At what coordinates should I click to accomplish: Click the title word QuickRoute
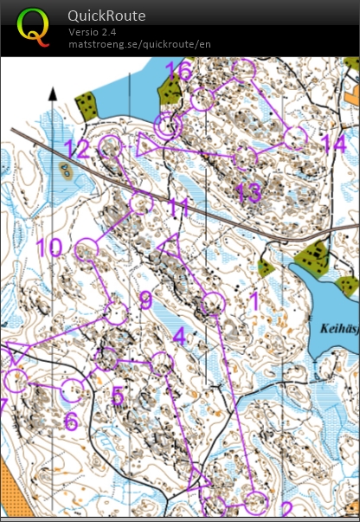point(106,16)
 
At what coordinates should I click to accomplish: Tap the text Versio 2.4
point(93,32)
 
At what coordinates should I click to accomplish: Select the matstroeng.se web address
point(139,43)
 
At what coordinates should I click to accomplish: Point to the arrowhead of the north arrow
point(53,93)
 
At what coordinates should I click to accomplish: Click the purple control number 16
point(179,71)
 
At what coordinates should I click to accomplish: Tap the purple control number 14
point(333,145)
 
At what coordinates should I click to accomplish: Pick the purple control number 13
point(248,192)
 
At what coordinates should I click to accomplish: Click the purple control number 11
point(178,208)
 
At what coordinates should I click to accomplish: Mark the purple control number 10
point(49,248)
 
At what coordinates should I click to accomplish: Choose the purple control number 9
point(145,300)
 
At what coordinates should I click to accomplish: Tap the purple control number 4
point(178,335)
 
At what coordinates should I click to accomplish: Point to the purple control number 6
point(71,422)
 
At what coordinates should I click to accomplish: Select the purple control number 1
point(254,300)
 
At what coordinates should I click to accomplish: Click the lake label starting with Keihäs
point(337,328)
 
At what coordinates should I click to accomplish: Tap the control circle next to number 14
point(296,136)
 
